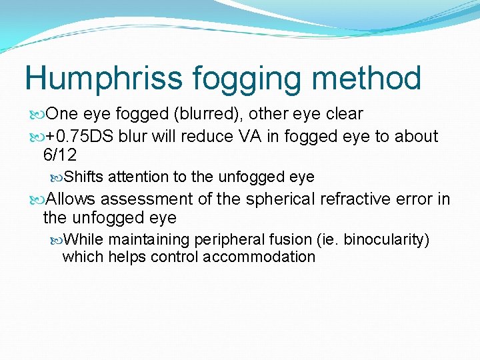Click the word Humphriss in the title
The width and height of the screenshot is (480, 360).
click(103, 79)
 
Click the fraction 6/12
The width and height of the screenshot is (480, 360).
click(60, 155)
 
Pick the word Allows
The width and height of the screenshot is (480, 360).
click(71, 199)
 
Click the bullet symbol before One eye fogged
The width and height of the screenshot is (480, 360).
click(36, 114)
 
